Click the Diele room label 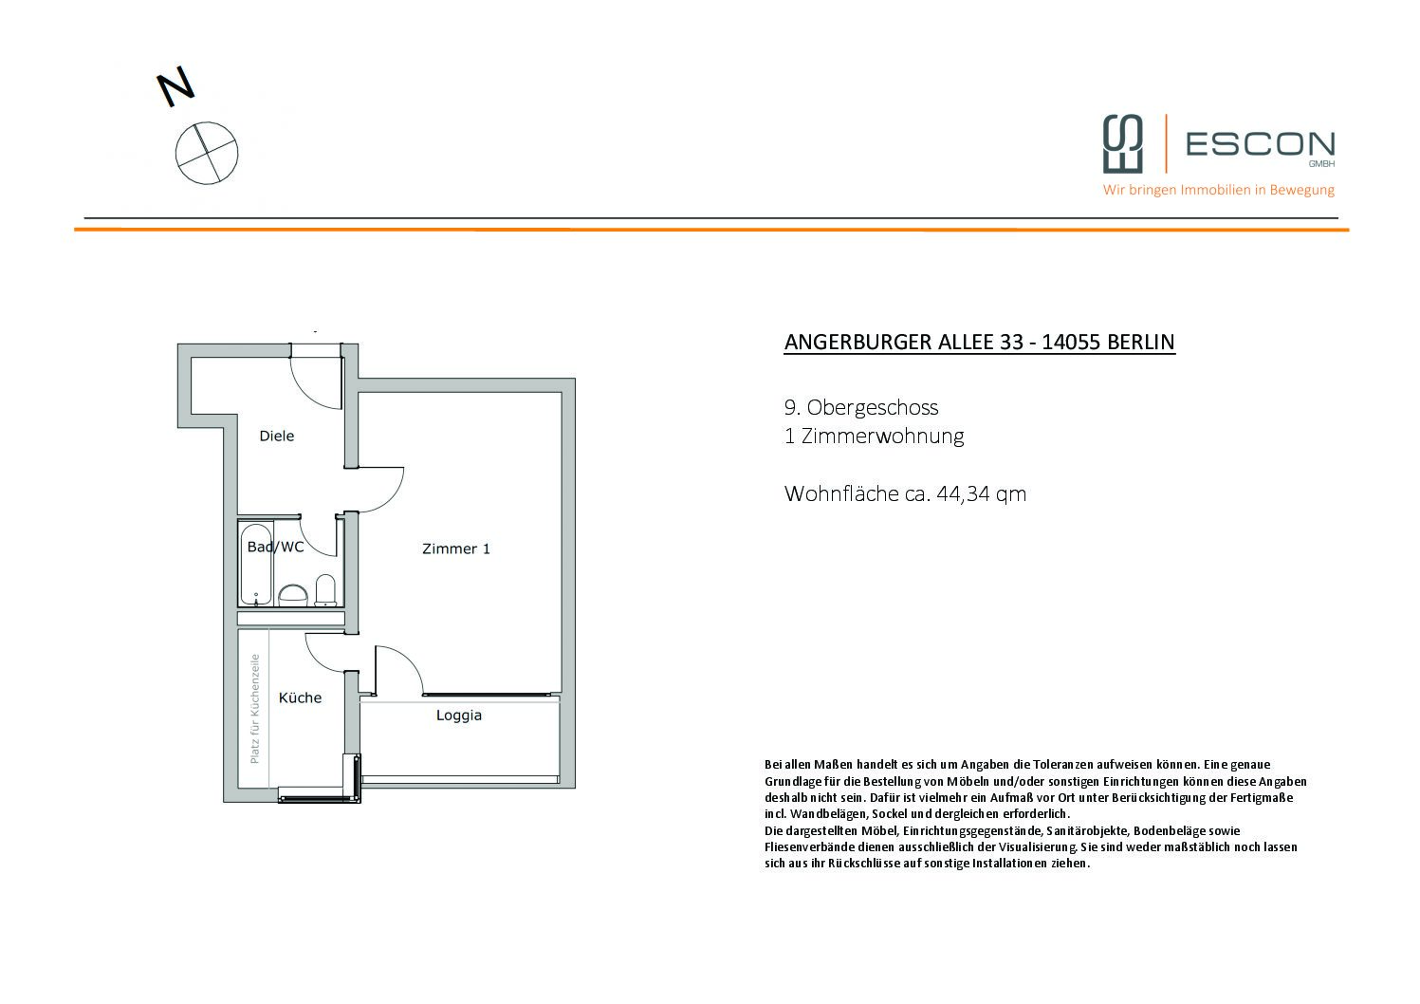pos(276,436)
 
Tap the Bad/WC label pos(275,547)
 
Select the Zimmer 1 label pos(456,548)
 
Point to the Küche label pos(300,697)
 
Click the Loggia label pos(459,716)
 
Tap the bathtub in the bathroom pos(256,564)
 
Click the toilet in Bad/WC pos(325,590)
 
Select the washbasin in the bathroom pos(293,595)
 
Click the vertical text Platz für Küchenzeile pos(255,709)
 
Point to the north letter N pos(175,86)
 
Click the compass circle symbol pos(207,154)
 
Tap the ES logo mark pos(1123,143)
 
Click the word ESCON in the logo pos(1261,144)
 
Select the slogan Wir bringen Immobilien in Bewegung pos(1218,190)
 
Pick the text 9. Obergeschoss pos(861,407)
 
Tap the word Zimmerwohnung pos(882,437)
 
